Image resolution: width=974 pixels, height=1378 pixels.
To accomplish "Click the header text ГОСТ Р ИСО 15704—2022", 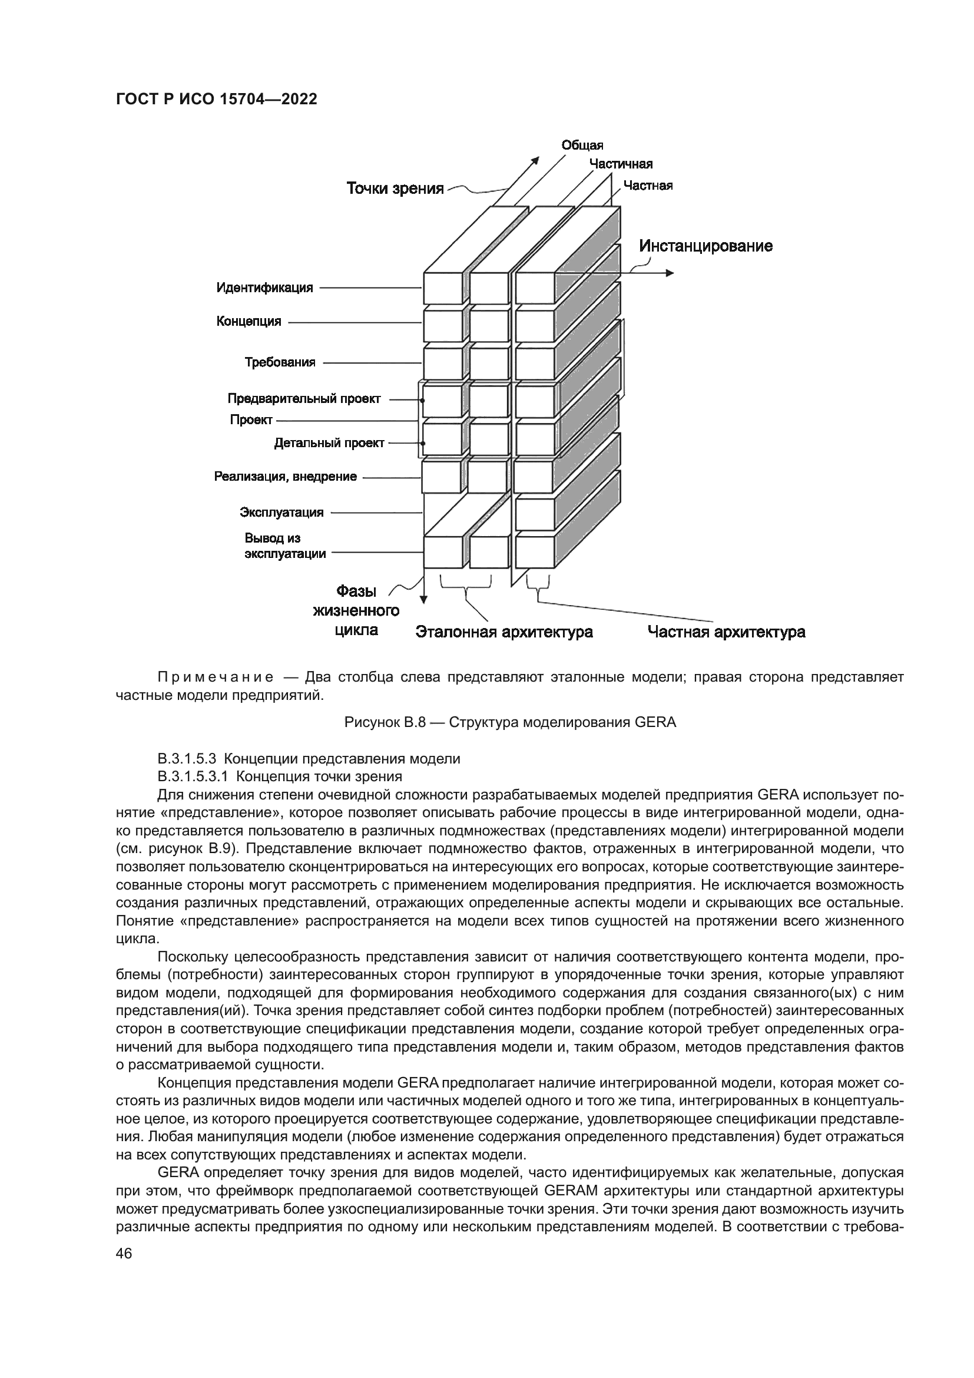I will pyautogui.click(x=216, y=100).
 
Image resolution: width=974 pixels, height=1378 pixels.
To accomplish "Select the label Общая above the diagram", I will pyautogui.click(x=582, y=146).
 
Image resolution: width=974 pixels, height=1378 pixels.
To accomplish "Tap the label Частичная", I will pyautogui.click(x=620, y=164).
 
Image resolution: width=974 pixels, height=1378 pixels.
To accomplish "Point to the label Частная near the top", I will pyautogui.click(x=648, y=186).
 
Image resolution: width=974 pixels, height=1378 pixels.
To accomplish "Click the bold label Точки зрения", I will pyautogui.click(x=395, y=189).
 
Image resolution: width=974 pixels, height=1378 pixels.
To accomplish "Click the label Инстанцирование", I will pyautogui.click(x=705, y=246).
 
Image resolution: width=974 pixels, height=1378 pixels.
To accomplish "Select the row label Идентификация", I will pyautogui.click(x=264, y=288).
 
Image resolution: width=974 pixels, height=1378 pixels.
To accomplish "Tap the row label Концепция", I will pyautogui.click(x=249, y=321).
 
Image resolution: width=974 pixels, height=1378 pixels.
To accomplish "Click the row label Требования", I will pyautogui.click(x=280, y=362).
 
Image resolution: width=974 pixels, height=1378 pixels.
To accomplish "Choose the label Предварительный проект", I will pyautogui.click(x=303, y=398).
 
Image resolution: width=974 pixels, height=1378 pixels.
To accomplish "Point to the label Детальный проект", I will pyautogui.click(x=329, y=443).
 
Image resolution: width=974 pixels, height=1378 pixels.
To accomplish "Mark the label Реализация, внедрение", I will pyautogui.click(x=285, y=477).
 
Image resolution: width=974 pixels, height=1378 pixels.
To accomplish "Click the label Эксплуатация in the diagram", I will pyautogui.click(x=281, y=513).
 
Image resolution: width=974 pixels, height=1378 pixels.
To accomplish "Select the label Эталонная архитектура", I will pyautogui.click(x=504, y=632).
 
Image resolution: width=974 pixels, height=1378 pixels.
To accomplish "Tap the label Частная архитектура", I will pyautogui.click(x=725, y=632).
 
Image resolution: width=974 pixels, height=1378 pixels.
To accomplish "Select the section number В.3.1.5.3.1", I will pyautogui.click(x=192, y=776).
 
